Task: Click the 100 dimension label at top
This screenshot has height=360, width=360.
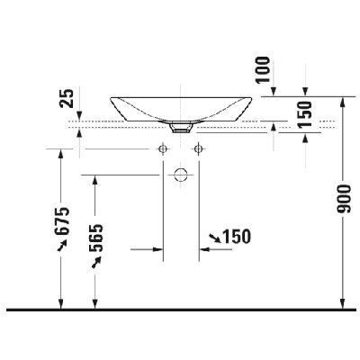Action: point(263,70)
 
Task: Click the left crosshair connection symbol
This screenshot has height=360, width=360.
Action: point(163,148)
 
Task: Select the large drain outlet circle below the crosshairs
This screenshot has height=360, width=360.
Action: point(179,174)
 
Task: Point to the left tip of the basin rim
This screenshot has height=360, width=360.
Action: point(110,99)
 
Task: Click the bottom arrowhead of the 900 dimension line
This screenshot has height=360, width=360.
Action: point(343,303)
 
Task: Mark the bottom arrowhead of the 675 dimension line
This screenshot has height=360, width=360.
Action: point(61,303)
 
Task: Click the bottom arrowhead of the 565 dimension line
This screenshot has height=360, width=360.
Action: point(94,303)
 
